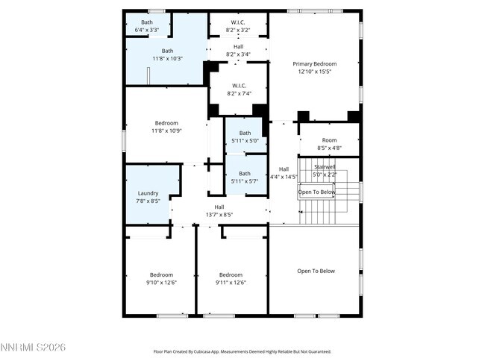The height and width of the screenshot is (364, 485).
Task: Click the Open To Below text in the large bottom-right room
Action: point(316,271)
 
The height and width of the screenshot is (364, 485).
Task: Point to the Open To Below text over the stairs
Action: point(317,192)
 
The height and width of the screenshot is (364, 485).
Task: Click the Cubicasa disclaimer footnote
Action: point(242,351)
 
